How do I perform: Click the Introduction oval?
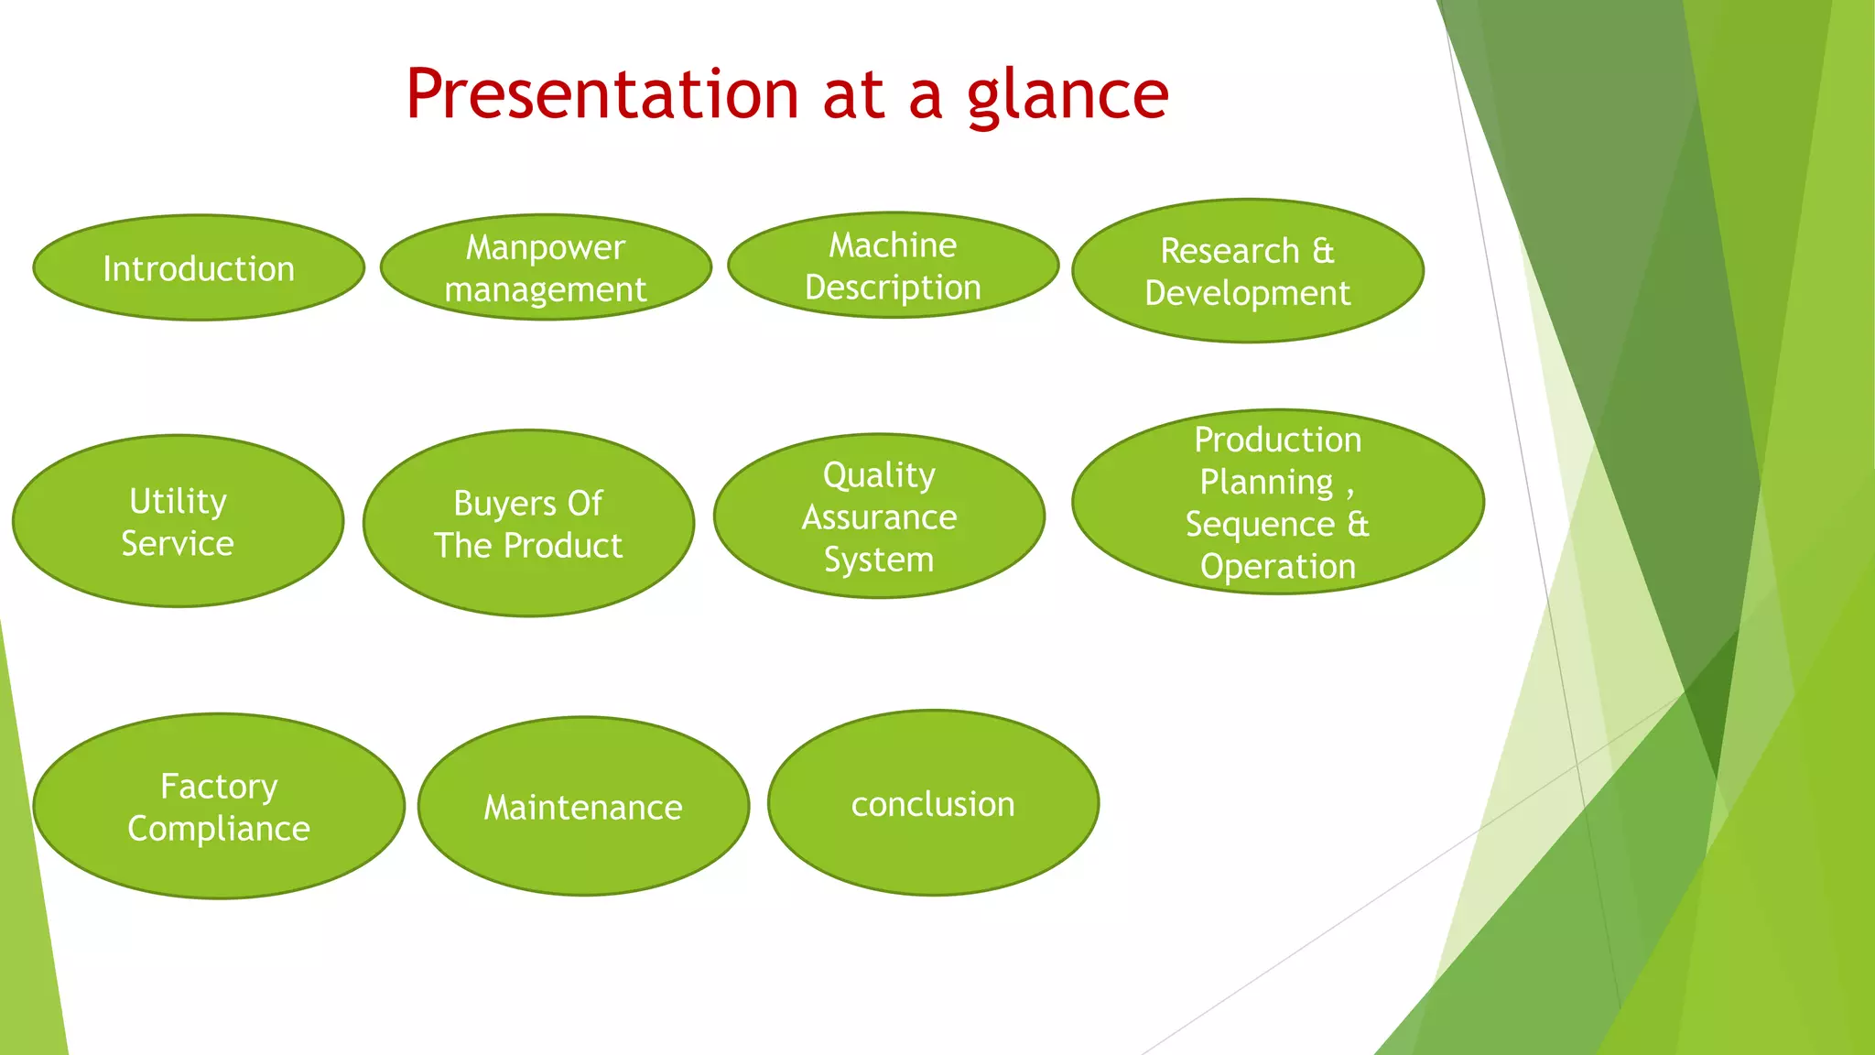coord(199,268)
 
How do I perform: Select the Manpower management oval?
coord(546,267)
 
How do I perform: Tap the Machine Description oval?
coord(893,266)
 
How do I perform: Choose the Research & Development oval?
coord(1247,271)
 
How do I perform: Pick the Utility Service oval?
coord(178,521)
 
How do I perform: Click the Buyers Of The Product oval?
coord(528,524)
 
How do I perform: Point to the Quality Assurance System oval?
coord(879,517)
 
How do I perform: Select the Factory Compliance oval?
coord(219,807)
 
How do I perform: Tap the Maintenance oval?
coord(583,807)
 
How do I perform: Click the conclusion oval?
coord(933,803)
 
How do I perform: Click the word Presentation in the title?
coord(602,94)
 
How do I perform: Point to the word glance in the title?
coord(1068,96)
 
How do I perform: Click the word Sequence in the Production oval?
coord(1260,525)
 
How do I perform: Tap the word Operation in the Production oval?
coord(1278,567)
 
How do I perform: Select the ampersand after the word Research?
coord(1323,251)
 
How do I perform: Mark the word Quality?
coord(879,475)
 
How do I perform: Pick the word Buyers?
coord(504,504)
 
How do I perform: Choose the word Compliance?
coord(219,829)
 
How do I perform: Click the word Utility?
coord(178,502)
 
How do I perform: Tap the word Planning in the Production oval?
coord(1266,483)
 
